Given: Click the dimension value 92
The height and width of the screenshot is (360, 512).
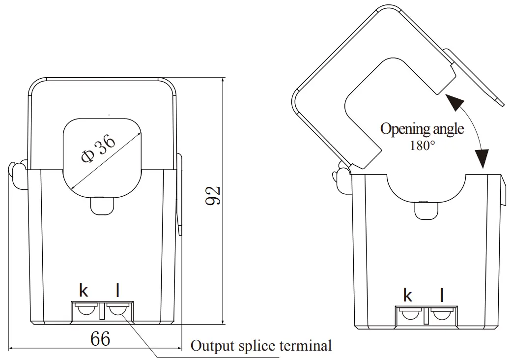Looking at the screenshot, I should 213,196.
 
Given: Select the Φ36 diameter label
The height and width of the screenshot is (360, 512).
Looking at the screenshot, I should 99,149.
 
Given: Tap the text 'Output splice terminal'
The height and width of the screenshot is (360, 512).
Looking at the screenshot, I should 261,345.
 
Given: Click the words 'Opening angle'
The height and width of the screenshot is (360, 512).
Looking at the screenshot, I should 422,129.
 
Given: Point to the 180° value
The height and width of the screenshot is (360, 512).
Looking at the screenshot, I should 422,146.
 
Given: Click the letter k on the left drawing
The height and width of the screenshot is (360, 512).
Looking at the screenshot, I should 84,291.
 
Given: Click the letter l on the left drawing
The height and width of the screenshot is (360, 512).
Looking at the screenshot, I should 117,291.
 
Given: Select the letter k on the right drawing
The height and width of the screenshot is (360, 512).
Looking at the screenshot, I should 407,295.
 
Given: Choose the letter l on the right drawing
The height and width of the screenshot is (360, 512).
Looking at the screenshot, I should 442,295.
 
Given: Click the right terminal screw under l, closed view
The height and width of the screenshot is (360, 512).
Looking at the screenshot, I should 117,310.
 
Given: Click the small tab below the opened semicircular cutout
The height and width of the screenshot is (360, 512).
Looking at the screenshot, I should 426,210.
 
